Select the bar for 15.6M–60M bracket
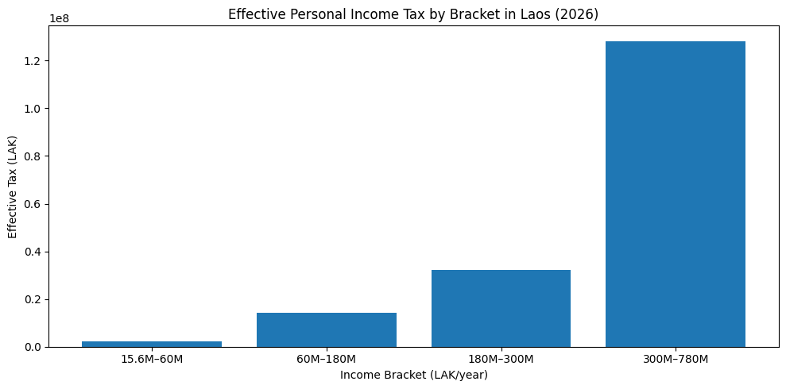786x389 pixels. [x=152, y=344]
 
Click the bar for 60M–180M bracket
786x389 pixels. [x=326, y=329]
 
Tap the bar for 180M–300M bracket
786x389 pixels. [x=501, y=308]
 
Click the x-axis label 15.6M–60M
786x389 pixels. [x=152, y=360]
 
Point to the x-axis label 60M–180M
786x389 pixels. [x=326, y=360]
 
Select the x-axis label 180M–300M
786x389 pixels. [x=501, y=360]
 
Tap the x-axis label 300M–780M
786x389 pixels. [x=675, y=360]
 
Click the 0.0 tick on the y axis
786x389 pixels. [x=32, y=347]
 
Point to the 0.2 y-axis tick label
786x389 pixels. [x=32, y=299]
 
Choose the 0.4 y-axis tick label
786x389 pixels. [x=32, y=252]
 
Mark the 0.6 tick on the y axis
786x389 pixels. [x=32, y=204]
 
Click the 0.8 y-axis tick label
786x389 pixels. [x=32, y=156]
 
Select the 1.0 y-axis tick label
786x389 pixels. [x=32, y=109]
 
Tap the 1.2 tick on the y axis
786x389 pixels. [x=32, y=61]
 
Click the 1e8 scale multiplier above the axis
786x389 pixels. [x=59, y=17]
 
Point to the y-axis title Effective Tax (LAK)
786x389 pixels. [x=13, y=187]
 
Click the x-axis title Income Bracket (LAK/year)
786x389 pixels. [x=413, y=375]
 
